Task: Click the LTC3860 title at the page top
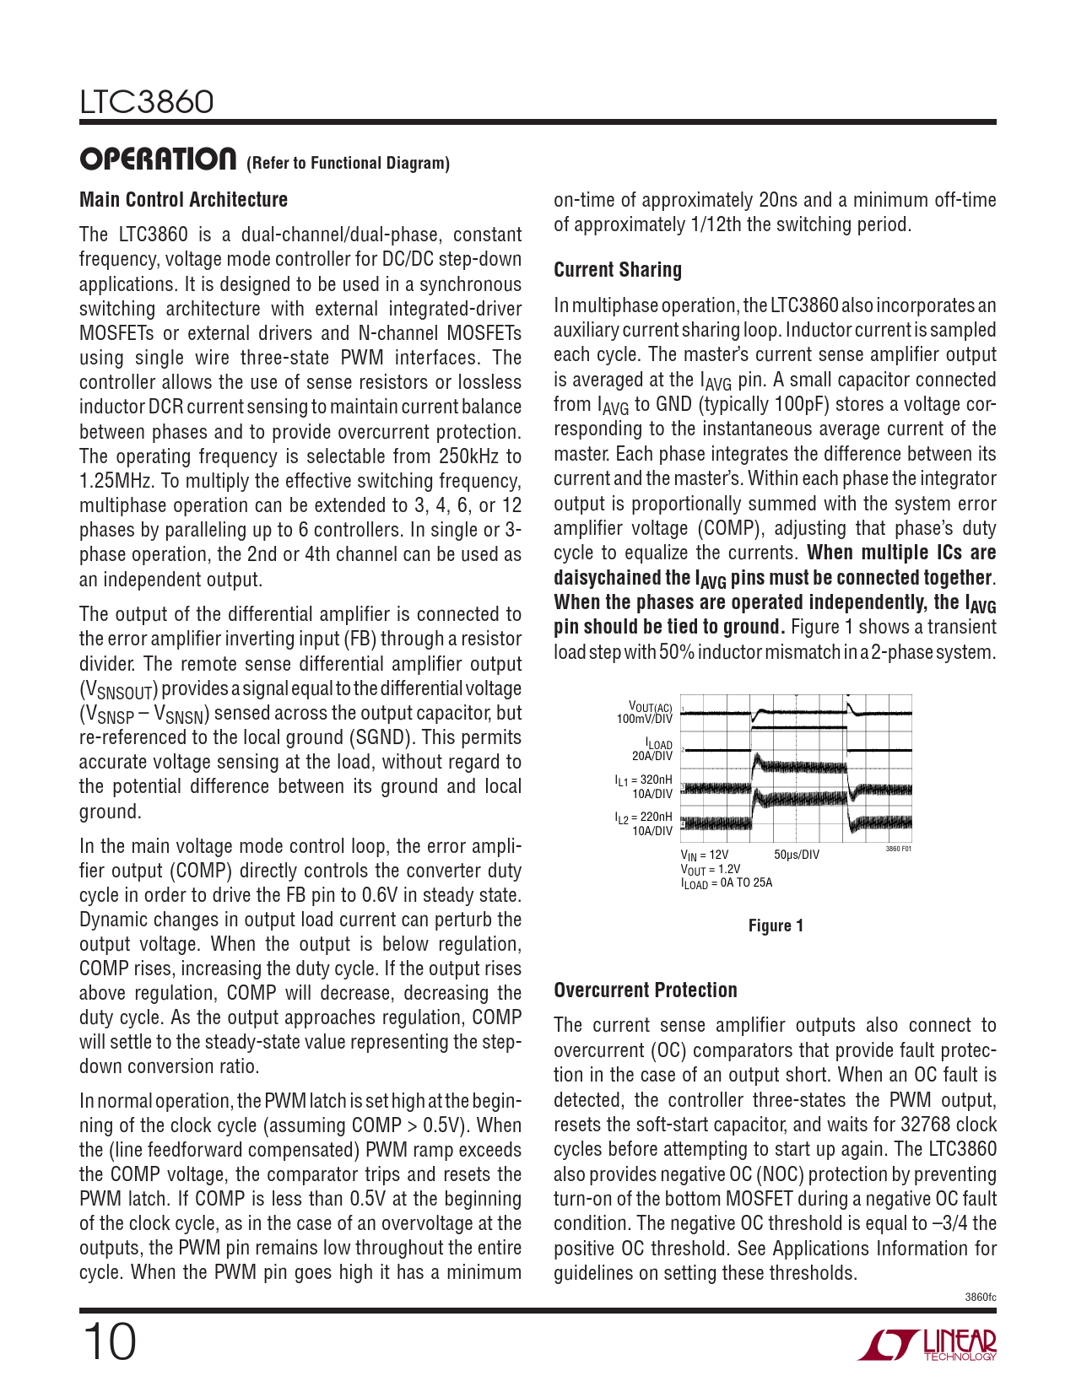point(147,102)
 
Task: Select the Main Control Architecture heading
point(183,200)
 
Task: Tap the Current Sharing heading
point(618,270)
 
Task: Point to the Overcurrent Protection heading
point(646,990)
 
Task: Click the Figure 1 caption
point(776,926)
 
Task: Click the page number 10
point(109,1342)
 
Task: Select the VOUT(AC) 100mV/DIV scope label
point(646,712)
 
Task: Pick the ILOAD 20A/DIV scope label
point(652,750)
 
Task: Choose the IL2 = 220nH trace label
point(644,823)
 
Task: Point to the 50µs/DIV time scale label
point(796,855)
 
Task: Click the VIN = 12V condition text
point(705,855)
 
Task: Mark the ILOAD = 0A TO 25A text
point(727,883)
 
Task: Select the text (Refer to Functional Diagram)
point(348,164)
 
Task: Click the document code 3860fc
point(980,1297)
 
